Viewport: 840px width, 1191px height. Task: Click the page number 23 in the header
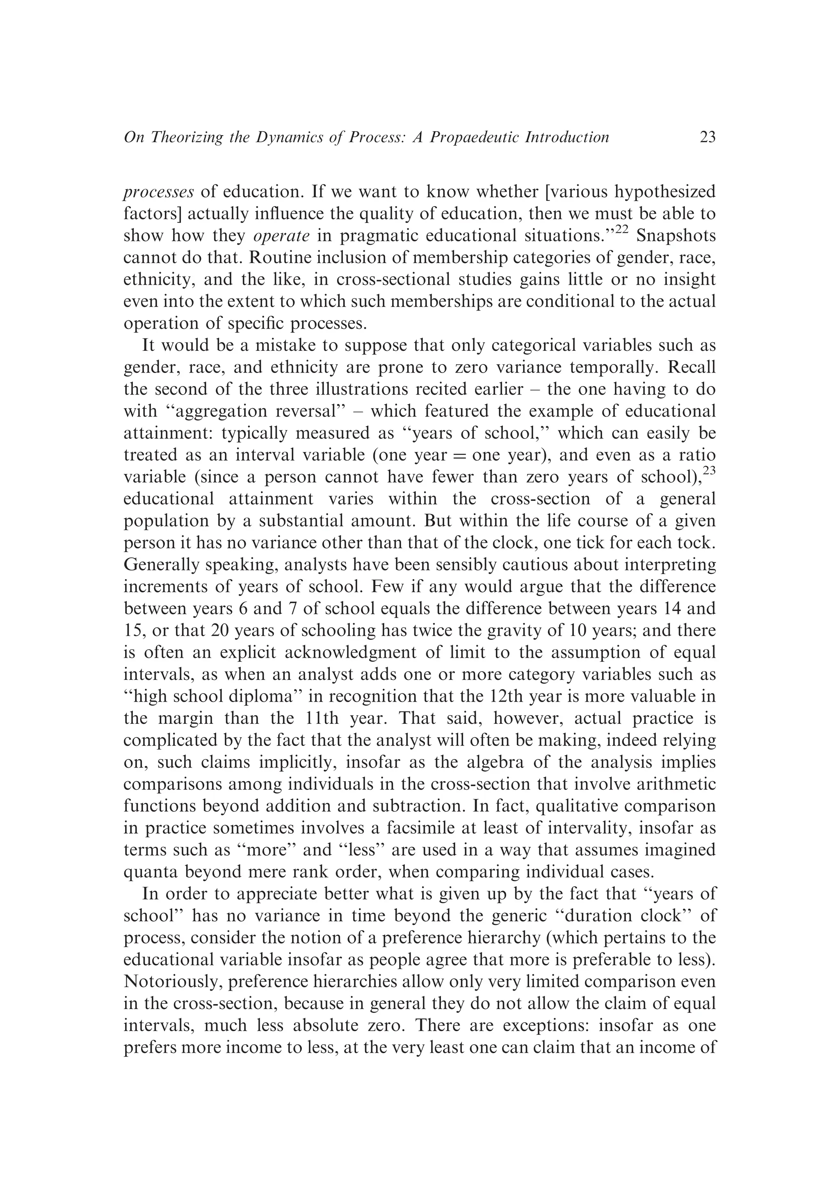tap(708, 137)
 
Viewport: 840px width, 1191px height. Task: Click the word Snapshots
tap(676, 236)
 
